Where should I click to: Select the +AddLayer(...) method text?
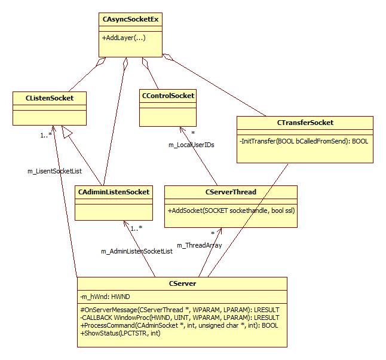click(x=124, y=38)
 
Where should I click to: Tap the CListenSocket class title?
click(x=50, y=97)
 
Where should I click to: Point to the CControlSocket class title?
click(x=167, y=95)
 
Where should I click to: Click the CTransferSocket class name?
click(x=305, y=123)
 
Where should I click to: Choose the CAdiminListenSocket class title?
click(x=113, y=192)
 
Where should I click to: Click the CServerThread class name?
click(x=230, y=192)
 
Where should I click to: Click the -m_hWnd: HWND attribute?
click(x=105, y=297)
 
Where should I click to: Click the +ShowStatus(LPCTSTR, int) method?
click(x=120, y=333)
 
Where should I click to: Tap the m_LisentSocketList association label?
click(x=54, y=171)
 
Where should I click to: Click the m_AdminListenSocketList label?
click(x=136, y=251)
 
